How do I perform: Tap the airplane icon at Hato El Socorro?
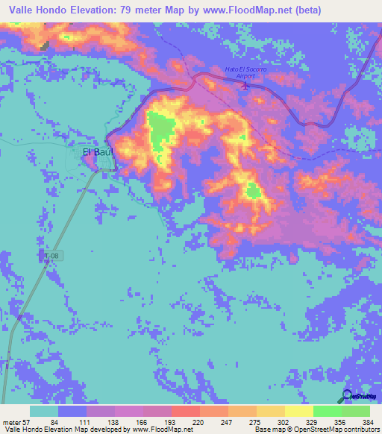[x=246, y=87]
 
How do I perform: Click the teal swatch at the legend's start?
[x=44, y=411]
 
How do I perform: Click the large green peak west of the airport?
[x=159, y=127]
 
